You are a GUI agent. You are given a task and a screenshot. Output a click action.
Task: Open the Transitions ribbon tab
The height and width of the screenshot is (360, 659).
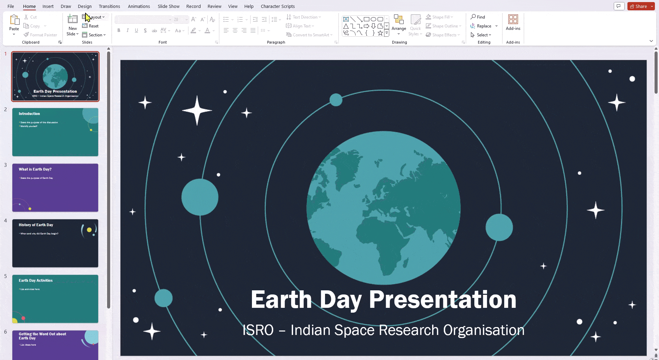coord(109,6)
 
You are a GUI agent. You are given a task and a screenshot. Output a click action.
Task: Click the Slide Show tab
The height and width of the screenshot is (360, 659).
coord(169,6)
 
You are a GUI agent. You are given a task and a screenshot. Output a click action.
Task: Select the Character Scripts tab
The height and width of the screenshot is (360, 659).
coord(277,6)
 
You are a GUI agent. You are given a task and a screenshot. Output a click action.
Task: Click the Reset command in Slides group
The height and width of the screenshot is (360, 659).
coord(91,26)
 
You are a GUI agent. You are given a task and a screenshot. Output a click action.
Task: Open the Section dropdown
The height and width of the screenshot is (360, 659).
coord(94,35)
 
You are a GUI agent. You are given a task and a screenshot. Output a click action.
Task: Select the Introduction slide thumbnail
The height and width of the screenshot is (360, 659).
coord(55,132)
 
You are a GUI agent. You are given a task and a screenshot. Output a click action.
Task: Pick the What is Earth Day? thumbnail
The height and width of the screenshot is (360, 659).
coord(55,188)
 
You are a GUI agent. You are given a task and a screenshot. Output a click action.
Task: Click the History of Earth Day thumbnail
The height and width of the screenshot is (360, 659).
coord(55,243)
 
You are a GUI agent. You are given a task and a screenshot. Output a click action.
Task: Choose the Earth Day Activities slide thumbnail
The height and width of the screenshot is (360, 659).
coord(55,299)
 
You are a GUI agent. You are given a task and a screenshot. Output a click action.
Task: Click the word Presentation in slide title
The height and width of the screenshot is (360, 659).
coord(442,300)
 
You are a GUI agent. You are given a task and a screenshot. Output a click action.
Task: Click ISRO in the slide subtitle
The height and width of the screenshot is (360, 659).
coord(258,330)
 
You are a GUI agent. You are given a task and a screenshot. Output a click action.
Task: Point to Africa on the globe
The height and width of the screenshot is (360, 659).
coord(381,240)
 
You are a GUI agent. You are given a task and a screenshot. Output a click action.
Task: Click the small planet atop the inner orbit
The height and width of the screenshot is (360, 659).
coord(336,100)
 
